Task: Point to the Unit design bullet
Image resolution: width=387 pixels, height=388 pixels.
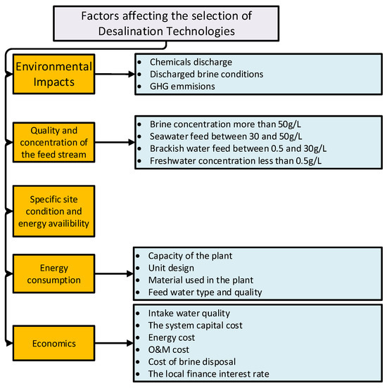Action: point(172,267)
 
